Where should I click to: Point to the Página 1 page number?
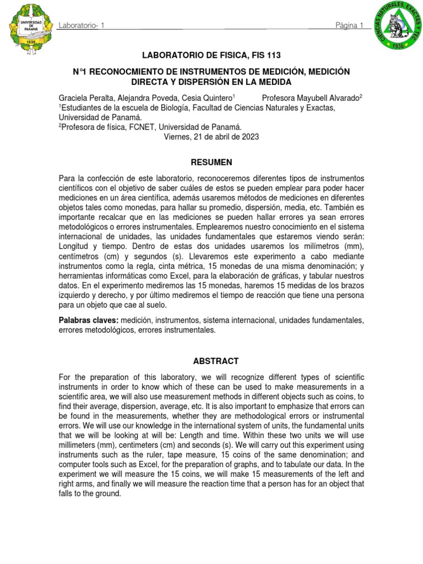349,26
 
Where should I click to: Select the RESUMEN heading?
211,162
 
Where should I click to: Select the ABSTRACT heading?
211,361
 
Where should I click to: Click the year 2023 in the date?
249,137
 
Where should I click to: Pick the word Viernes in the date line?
177,137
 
